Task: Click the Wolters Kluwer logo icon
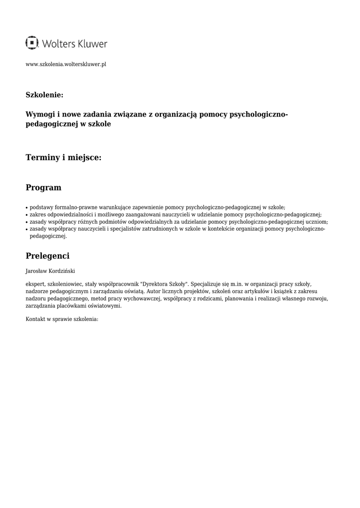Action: pyautogui.click(x=32, y=43)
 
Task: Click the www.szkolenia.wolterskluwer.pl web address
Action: pyautogui.click(x=66, y=64)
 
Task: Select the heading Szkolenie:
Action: pyautogui.click(x=44, y=94)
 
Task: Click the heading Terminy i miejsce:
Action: pyautogui.click(x=64, y=157)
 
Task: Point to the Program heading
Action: pyautogui.click(x=44, y=188)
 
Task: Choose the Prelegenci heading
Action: pyautogui.click(x=48, y=256)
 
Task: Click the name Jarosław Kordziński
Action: pyautogui.click(x=50, y=271)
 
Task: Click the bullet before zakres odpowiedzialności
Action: pyautogui.click(x=27, y=215)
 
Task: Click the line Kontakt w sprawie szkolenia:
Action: pyautogui.click(x=62, y=319)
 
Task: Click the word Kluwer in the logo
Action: pyautogui.click(x=92, y=44)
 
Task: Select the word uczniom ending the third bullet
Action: pyautogui.click(x=317, y=222)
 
